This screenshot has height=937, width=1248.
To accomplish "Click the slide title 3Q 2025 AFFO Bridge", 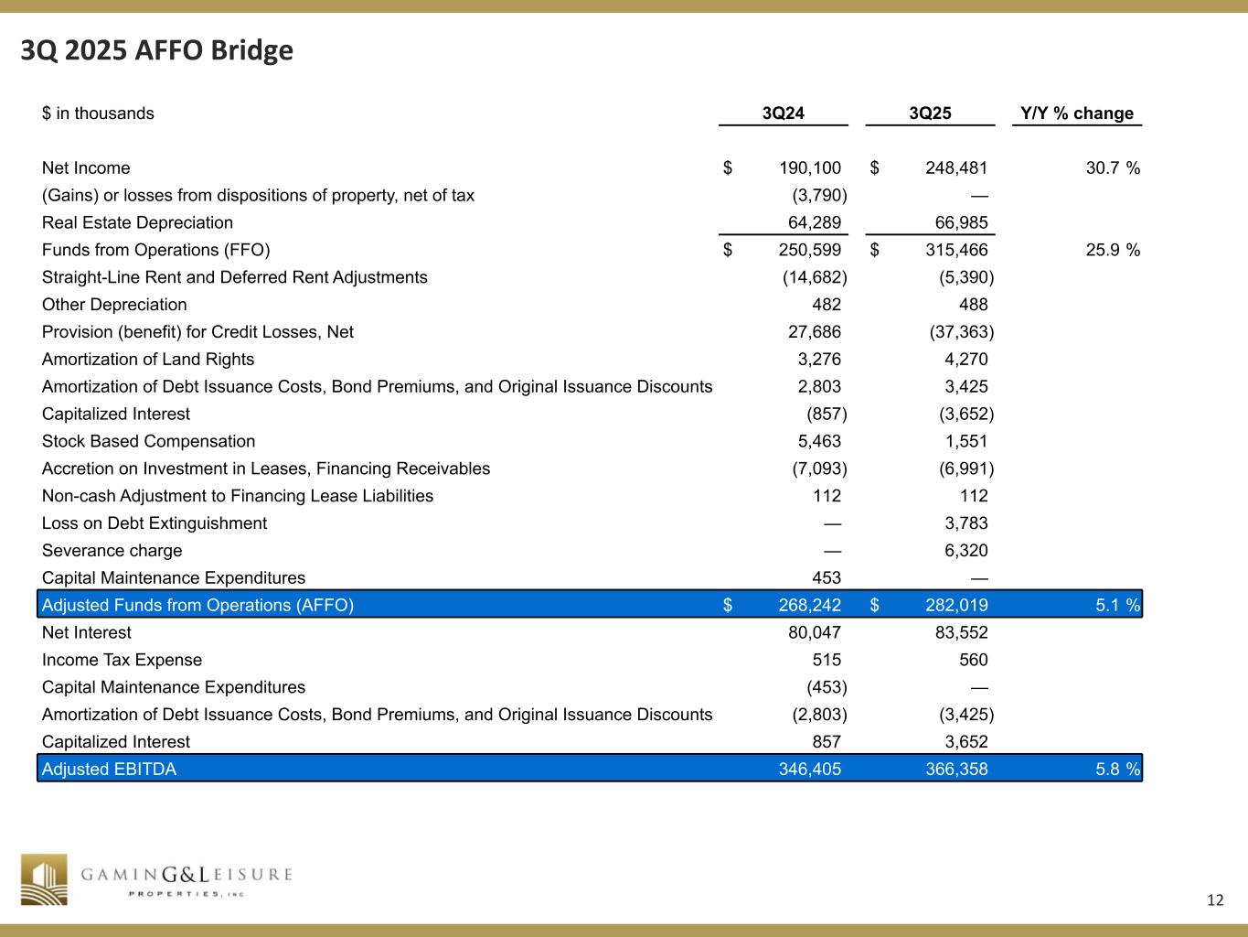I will click(x=157, y=50).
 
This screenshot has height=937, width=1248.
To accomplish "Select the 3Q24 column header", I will click(x=783, y=113).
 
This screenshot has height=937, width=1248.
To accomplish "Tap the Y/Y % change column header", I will click(x=1077, y=113).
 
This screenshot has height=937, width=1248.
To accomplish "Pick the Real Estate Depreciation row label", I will click(x=137, y=222).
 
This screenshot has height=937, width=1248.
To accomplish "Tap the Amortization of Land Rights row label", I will click(x=148, y=360).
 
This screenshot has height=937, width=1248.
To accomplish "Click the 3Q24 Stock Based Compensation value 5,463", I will click(x=819, y=441).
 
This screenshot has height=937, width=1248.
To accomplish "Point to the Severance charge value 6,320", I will click(x=965, y=551).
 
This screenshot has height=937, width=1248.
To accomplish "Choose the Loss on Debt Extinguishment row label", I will click(x=155, y=523).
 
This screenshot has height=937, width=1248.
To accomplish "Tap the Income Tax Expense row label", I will click(x=122, y=660).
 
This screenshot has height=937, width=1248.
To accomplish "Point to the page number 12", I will click(x=1214, y=900).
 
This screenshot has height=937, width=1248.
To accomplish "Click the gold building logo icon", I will click(x=45, y=879).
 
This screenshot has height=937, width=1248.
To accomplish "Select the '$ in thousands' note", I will click(x=98, y=113).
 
